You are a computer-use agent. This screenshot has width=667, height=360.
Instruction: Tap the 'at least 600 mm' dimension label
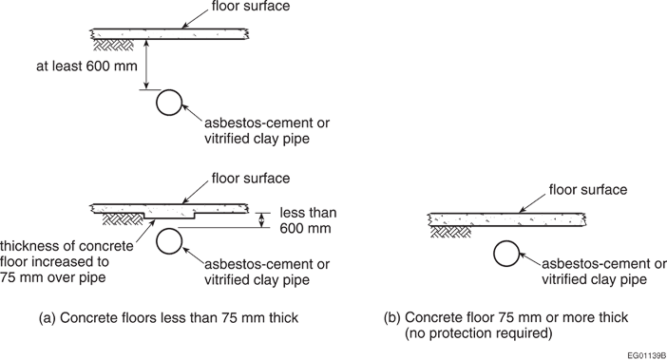click(86, 66)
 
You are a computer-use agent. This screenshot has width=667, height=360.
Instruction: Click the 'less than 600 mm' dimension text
click(308, 220)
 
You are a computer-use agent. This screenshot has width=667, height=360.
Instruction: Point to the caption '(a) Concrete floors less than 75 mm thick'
click(168, 317)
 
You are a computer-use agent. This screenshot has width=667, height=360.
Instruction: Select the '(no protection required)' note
click(478, 333)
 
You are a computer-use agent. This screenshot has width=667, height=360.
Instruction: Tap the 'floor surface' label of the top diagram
click(251, 6)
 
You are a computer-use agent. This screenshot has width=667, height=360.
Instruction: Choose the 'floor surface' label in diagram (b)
click(588, 189)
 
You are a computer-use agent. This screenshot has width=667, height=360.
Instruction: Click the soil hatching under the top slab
click(113, 45)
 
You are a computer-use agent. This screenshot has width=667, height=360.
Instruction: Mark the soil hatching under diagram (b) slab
click(450, 232)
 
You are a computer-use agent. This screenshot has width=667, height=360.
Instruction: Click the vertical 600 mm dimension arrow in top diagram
click(146, 65)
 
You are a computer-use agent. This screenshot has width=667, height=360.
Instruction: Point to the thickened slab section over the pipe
click(169, 215)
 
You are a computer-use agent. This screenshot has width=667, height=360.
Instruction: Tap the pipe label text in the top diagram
click(267, 130)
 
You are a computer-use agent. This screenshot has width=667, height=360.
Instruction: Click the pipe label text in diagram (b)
click(604, 272)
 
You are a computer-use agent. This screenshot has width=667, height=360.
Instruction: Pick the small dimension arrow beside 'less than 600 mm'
click(262, 220)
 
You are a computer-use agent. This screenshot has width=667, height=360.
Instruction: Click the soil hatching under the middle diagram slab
click(123, 218)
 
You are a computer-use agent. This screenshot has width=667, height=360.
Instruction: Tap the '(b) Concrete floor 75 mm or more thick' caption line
click(505, 317)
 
